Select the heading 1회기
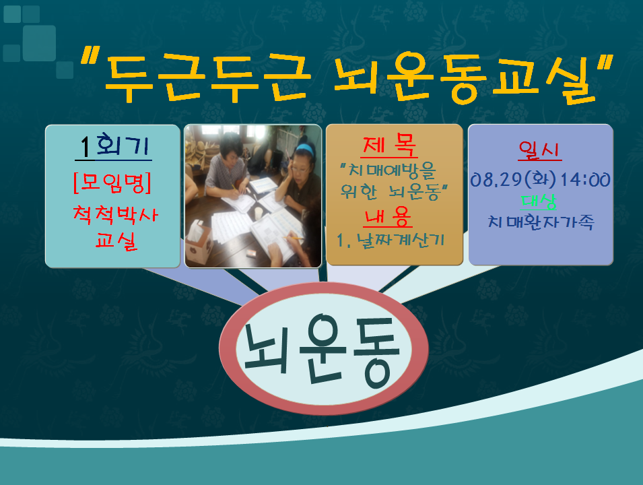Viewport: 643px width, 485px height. click(112, 145)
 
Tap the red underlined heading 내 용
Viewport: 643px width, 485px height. click(388, 217)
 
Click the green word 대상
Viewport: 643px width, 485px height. click(539, 200)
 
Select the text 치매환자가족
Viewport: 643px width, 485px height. click(541, 222)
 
